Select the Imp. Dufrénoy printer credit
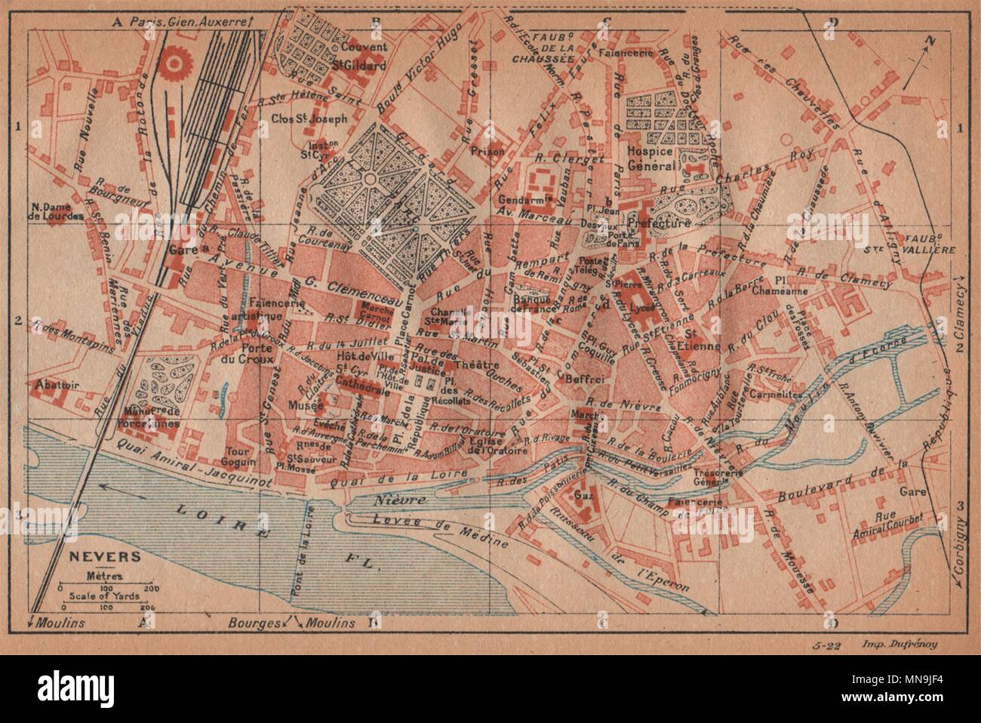click(899, 644)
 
